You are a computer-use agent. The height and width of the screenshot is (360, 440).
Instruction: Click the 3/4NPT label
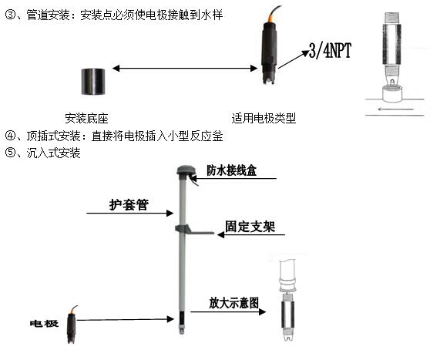[330, 51]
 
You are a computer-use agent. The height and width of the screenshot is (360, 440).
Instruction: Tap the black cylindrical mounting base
[93, 82]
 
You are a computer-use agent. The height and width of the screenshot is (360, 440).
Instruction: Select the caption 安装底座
[86, 118]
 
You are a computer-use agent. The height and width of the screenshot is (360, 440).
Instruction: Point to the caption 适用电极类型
[264, 118]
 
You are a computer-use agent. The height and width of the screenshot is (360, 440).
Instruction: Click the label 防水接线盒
[231, 170]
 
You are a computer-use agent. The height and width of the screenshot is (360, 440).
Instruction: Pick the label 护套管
[129, 205]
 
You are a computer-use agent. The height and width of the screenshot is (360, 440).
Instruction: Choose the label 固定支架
[250, 227]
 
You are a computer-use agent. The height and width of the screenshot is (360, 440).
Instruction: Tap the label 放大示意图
[233, 303]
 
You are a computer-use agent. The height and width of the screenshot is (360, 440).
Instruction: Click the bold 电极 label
[44, 324]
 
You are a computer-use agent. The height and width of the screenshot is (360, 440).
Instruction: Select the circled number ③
[10, 15]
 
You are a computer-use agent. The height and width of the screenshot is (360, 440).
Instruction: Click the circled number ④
[10, 136]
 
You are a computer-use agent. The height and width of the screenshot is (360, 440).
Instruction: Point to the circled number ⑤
[10, 153]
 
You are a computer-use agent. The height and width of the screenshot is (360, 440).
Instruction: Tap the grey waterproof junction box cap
[184, 170]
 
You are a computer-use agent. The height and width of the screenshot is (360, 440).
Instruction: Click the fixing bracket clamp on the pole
[193, 230]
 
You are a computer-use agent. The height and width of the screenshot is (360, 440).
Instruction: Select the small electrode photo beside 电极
[72, 325]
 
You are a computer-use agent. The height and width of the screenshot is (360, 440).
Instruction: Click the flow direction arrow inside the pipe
[395, 109]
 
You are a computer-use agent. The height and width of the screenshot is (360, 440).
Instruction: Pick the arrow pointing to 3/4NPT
[294, 59]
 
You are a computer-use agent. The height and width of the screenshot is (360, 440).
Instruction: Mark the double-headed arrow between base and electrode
[185, 68]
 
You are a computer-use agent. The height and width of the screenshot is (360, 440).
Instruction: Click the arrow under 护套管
[130, 213]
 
